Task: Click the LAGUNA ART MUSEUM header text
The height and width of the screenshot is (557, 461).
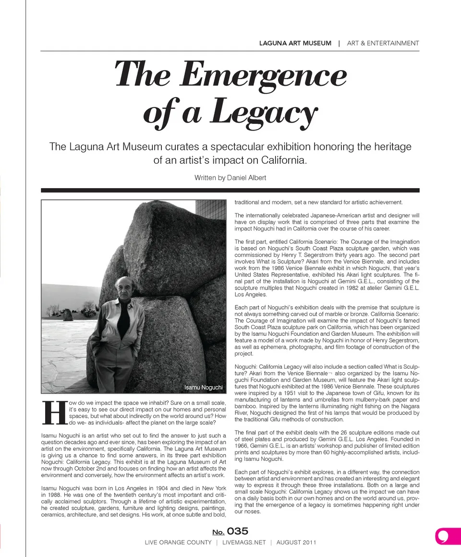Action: (295, 43)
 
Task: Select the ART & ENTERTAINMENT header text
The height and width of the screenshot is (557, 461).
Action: (383, 43)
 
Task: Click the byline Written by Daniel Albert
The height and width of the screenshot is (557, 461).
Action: (230, 178)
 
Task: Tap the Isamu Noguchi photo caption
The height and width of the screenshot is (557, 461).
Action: (204, 387)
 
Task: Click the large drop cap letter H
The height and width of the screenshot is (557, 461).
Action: (54, 412)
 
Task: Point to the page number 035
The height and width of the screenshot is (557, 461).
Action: (238, 531)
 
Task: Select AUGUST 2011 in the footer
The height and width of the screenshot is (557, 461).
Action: (296, 543)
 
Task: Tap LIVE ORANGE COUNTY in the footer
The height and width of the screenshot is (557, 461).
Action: (178, 543)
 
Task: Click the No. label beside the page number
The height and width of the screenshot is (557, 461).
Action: (218, 532)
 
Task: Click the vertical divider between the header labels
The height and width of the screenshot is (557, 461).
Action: (339, 43)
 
